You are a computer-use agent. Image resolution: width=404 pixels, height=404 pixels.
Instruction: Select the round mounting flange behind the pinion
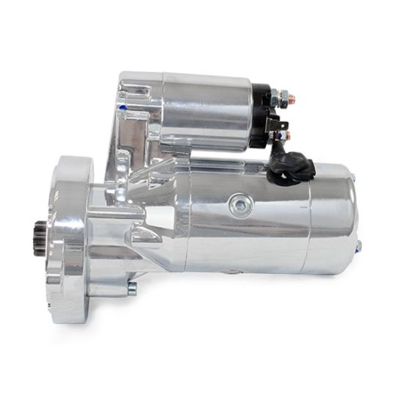point(71,228)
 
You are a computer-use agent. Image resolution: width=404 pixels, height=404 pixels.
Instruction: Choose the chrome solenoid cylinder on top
point(209,110)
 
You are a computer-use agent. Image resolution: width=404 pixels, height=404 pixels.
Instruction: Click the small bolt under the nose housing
point(132,289)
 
